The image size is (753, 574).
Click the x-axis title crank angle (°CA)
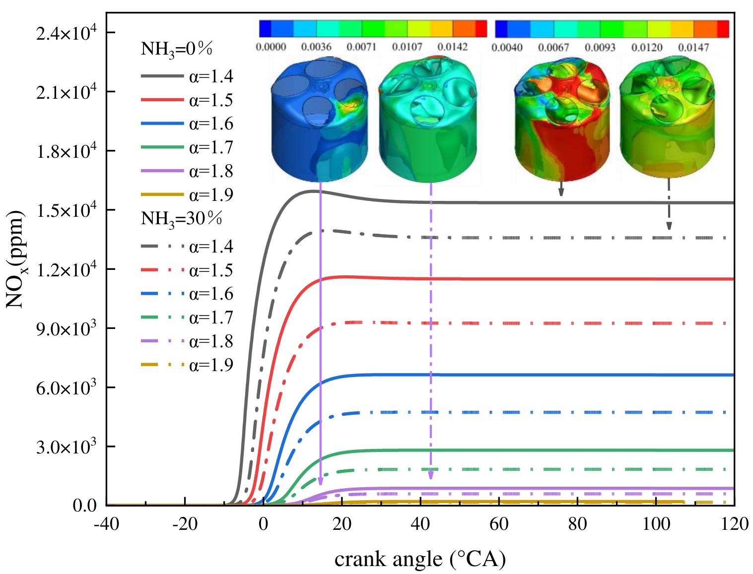click(420, 559)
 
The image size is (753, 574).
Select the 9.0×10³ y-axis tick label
click(66, 328)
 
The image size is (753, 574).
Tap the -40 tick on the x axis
click(106, 524)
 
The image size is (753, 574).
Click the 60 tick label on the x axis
click(499, 524)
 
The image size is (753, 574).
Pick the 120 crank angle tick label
click(734, 524)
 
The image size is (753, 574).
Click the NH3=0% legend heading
click(177, 50)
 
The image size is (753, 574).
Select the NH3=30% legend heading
click(181, 219)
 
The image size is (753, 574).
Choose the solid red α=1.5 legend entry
click(187, 100)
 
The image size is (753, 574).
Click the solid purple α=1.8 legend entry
click(187, 171)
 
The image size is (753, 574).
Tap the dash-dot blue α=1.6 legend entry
click(187, 294)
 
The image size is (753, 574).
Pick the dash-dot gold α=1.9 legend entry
click(187, 365)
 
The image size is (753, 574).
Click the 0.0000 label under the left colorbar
click(271, 47)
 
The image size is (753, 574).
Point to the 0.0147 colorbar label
click(693, 48)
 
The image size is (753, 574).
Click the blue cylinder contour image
click(320, 119)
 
